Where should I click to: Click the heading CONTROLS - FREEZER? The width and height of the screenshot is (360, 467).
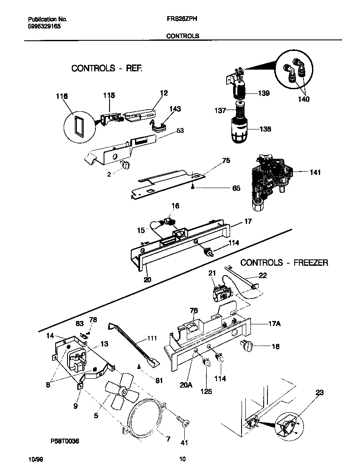[x=284, y=263]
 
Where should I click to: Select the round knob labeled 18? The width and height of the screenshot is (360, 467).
[x=246, y=347]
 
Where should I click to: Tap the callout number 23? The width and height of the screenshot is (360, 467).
[x=319, y=393]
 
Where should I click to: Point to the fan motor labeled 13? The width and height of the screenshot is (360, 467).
[x=76, y=359]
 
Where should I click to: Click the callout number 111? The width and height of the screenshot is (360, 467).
[x=152, y=338]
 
